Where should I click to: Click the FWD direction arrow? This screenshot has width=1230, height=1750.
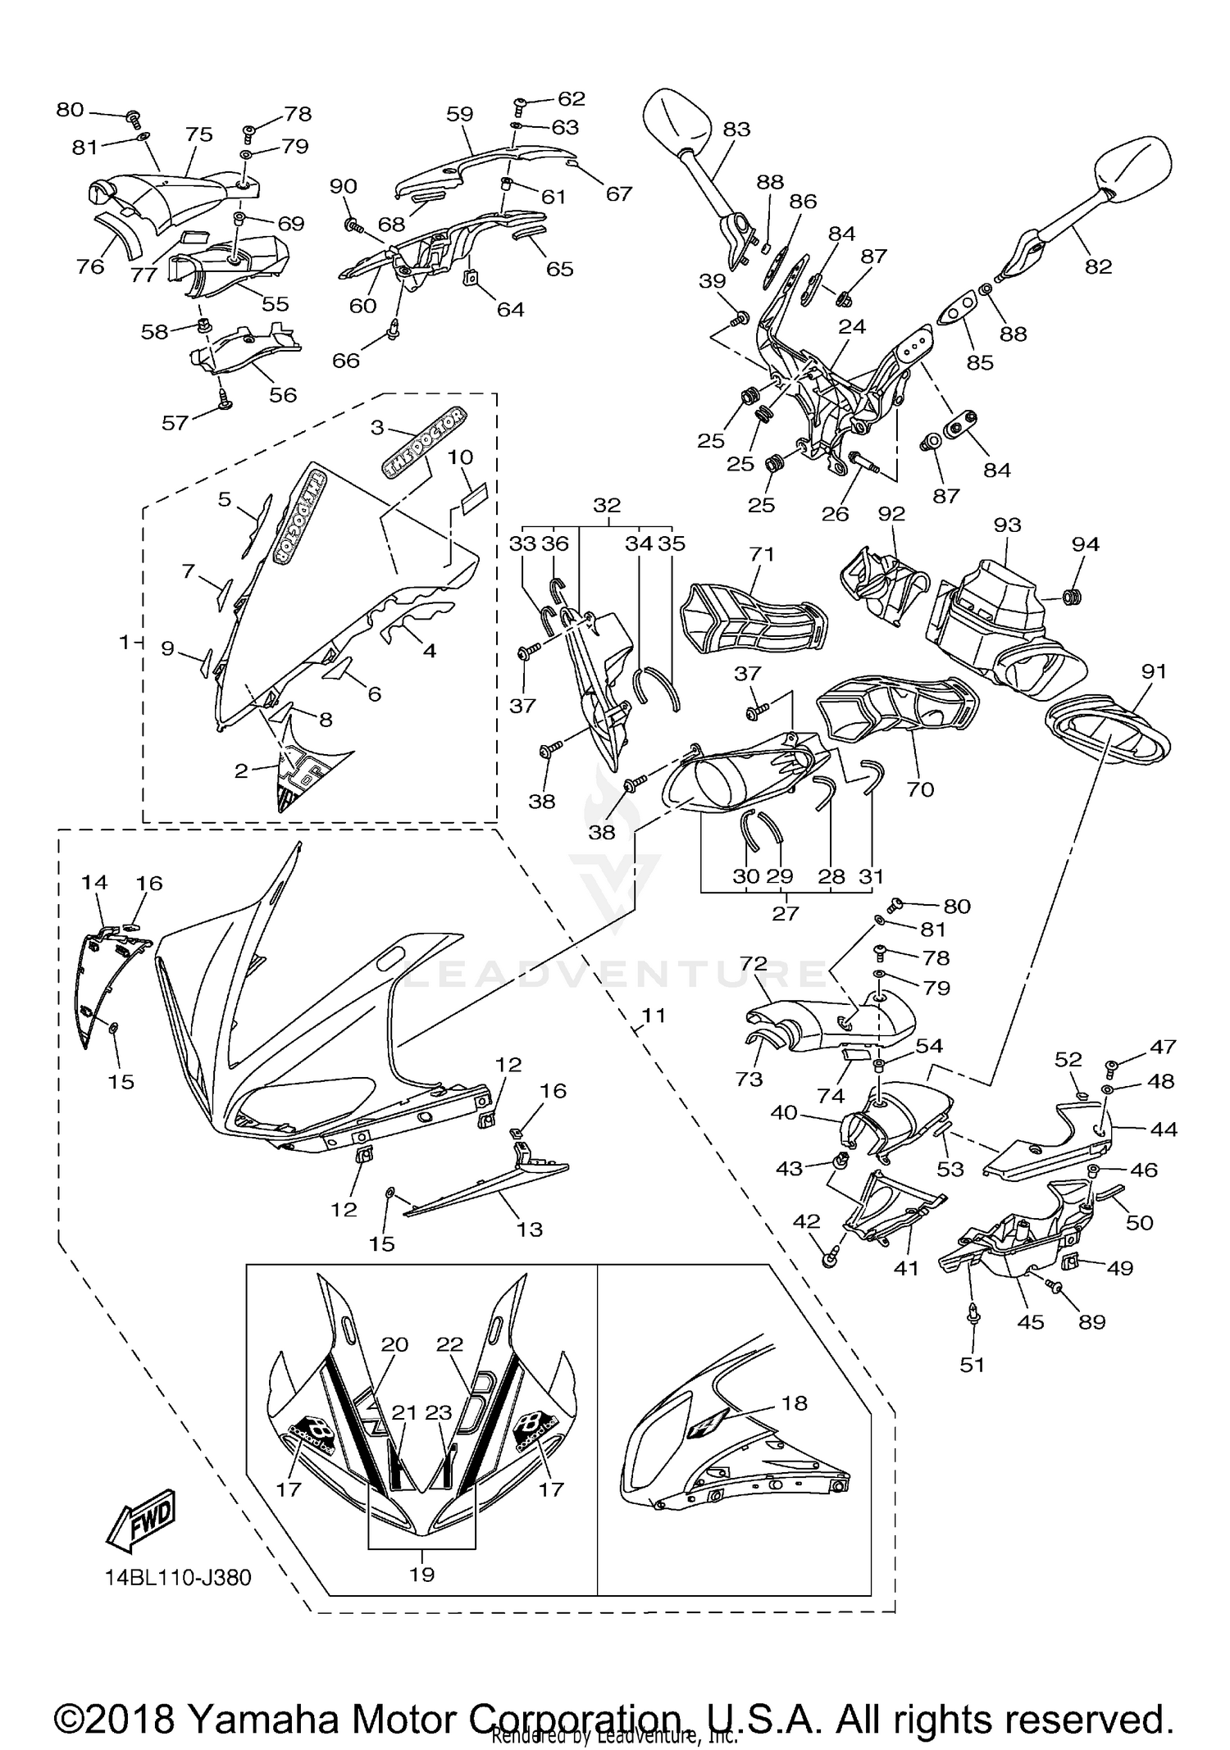[x=140, y=1519]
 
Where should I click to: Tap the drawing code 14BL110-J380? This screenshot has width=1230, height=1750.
[x=177, y=1578]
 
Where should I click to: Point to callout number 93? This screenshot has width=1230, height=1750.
[x=1007, y=525]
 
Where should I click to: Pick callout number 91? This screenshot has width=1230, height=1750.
[x=1153, y=671]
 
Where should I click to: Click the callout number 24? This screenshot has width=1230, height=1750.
[x=852, y=326]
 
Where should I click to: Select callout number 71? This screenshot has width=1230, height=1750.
[x=762, y=555]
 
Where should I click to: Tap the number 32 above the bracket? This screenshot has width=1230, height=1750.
[x=607, y=505]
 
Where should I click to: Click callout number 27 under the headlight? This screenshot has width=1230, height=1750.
[x=785, y=912]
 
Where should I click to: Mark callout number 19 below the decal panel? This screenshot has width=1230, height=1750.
[x=421, y=1574]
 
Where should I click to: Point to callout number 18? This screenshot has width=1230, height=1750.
[x=794, y=1402]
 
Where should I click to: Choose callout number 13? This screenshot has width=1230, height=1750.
[x=530, y=1229]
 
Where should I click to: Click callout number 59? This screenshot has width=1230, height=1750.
[x=460, y=114]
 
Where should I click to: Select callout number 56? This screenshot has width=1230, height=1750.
[x=283, y=394]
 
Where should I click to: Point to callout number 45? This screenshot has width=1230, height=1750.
[x=1031, y=1321]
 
